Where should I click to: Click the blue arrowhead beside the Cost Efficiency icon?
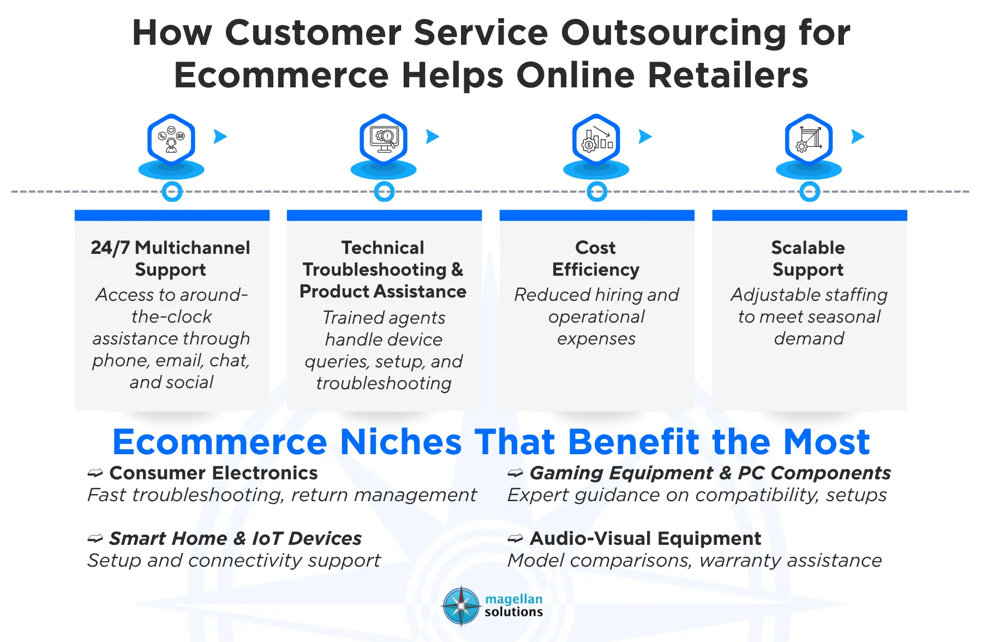(x=645, y=136)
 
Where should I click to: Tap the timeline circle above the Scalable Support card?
(x=810, y=192)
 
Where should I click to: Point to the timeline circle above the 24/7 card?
(x=172, y=192)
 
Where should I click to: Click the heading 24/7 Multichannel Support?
(x=171, y=258)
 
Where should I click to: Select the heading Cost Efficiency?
(x=596, y=258)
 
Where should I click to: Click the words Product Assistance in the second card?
(x=383, y=292)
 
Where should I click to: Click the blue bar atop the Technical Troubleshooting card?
(x=384, y=215)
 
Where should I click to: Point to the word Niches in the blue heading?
(x=401, y=442)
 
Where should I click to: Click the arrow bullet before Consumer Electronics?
(x=95, y=473)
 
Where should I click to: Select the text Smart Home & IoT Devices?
(x=235, y=538)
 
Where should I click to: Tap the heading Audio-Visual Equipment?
(x=645, y=538)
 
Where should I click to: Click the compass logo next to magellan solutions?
(x=462, y=606)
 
